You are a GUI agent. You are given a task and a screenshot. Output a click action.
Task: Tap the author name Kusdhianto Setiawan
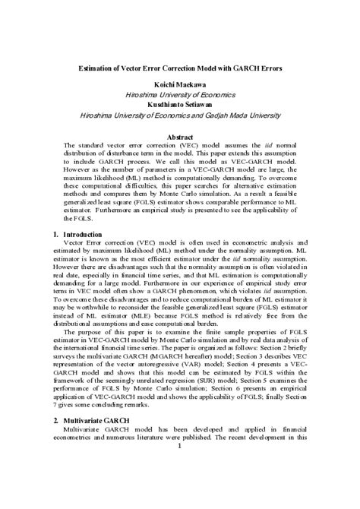[179, 104]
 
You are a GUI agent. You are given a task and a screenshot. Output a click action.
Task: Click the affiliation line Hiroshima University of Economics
[179, 95]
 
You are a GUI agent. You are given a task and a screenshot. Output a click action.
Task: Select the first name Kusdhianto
[163, 104]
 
